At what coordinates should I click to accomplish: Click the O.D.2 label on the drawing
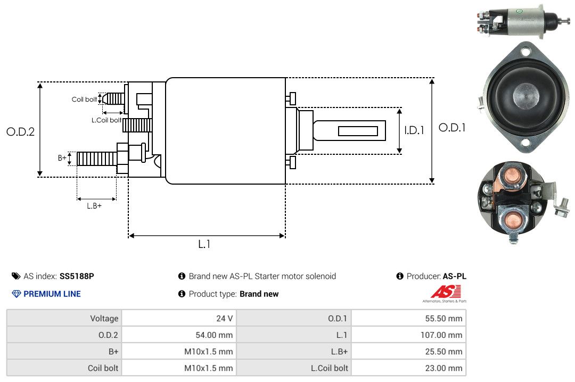21,131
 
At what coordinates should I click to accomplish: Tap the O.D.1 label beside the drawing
452,128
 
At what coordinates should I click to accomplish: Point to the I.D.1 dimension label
414,130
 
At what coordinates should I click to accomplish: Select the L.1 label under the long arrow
204,244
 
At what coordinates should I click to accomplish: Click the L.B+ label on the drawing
94,206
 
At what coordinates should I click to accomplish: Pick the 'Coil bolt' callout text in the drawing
84,99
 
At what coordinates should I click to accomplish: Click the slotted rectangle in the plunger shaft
358,131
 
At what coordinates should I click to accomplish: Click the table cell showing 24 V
179,318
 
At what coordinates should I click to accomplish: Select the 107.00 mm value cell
408,335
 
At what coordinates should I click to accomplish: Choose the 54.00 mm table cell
179,335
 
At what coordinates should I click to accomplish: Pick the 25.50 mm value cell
408,351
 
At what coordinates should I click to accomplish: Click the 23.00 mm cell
408,368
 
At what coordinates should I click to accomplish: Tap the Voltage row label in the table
104,318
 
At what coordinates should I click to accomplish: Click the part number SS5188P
77,276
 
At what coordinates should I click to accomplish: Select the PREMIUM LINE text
52,294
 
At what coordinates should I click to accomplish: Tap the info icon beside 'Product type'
182,294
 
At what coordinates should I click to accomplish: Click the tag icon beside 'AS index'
16,276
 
